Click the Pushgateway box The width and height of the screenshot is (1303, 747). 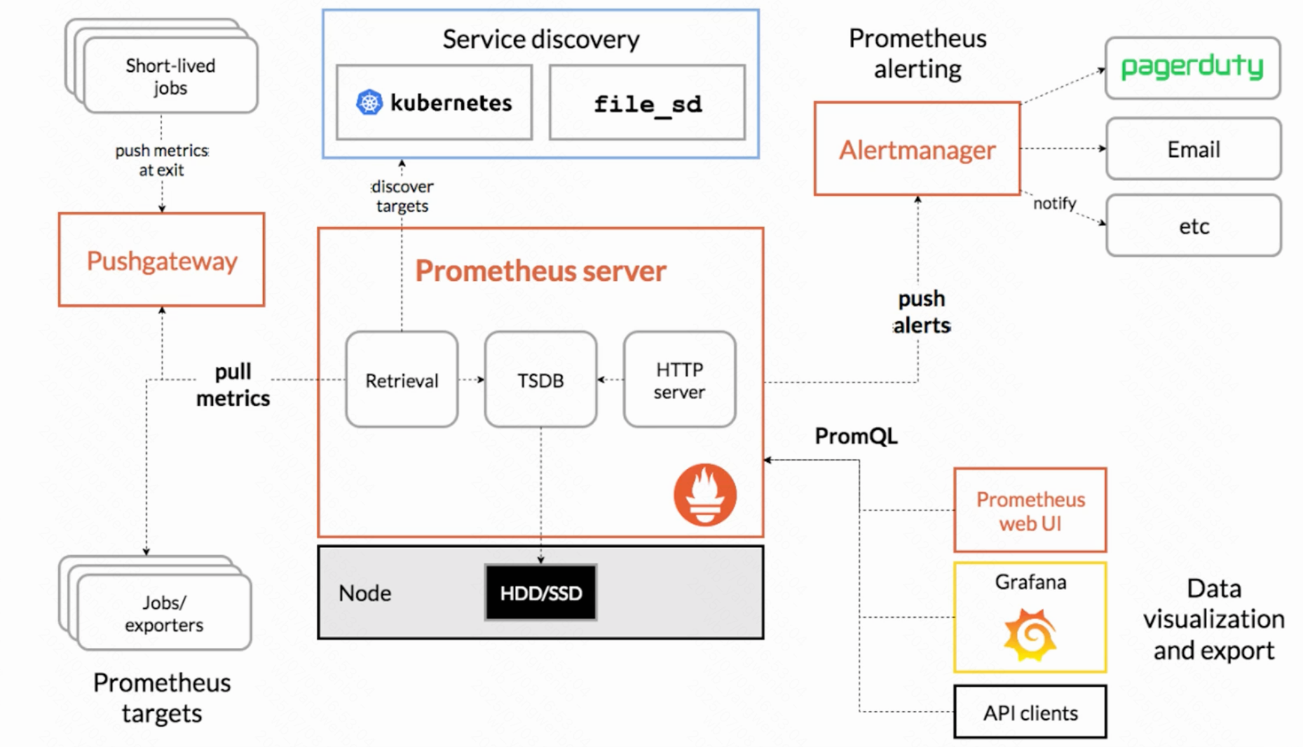pyautogui.click(x=161, y=260)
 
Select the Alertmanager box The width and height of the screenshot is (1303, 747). pyautogui.click(x=917, y=149)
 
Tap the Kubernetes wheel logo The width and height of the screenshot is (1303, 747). pyautogui.click(x=369, y=102)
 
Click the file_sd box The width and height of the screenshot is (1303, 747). pyautogui.click(x=647, y=103)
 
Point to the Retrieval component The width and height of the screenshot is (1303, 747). pyautogui.click(x=402, y=380)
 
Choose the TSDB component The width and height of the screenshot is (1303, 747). pyautogui.click(x=540, y=380)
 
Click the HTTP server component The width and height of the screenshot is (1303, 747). pyautogui.click(x=679, y=380)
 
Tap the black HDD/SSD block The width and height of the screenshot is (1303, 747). pyautogui.click(x=541, y=593)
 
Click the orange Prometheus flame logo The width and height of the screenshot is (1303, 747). pyautogui.click(x=705, y=495)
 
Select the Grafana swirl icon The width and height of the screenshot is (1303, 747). pyautogui.click(x=1030, y=635)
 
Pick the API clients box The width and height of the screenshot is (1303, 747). pyautogui.click(x=1030, y=712)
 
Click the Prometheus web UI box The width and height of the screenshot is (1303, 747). pyautogui.click(x=1030, y=511)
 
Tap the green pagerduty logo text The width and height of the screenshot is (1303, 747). pyautogui.click(x=1192, y=67)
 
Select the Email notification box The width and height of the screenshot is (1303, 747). pyautogui.click(x=1194, y=149)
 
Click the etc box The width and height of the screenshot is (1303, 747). pyautogui.click(x=1194, y=226)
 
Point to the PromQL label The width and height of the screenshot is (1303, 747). pyautogui.click(x=856, y=436)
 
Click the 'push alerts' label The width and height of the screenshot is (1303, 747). pyautogui.click(x=922, y=312)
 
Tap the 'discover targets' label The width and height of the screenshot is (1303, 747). pyautogui.click(x=402, y=196)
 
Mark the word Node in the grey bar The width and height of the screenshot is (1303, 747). pyautogui.click(x=365, y=593)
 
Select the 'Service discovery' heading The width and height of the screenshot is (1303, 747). pyautogui.click(x=541, y=39)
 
